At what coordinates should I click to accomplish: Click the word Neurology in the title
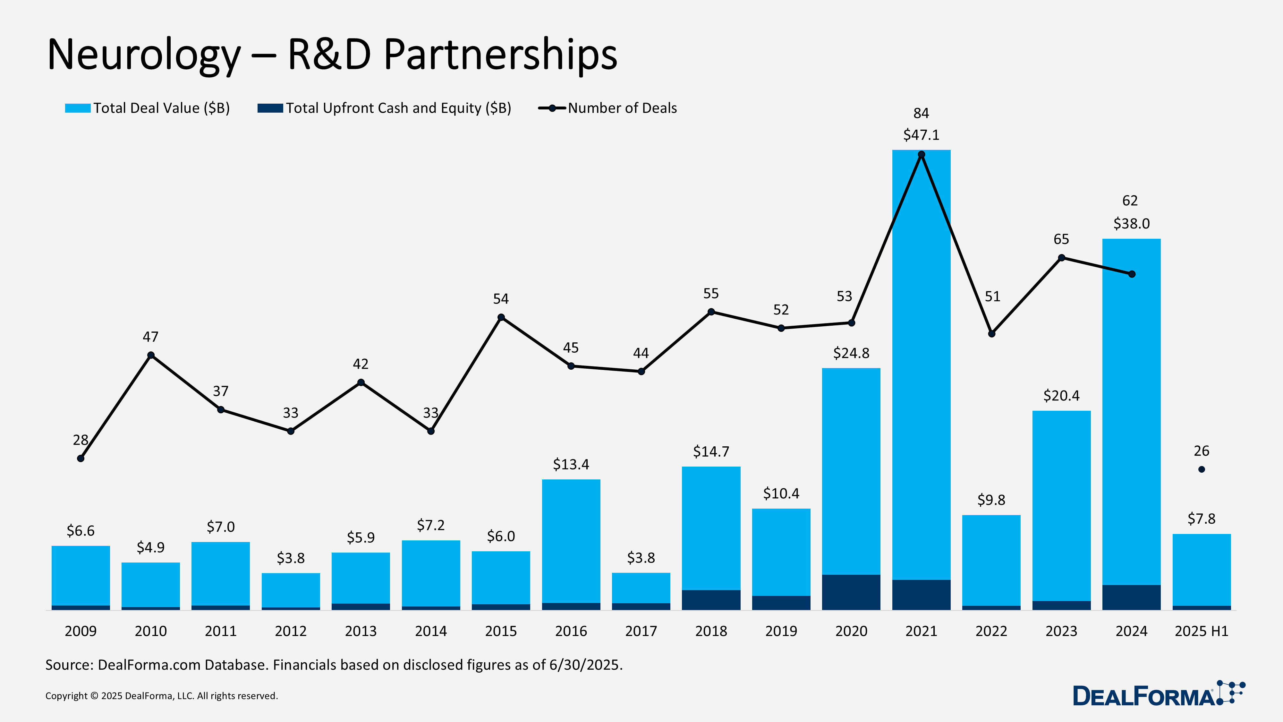coord(144,55)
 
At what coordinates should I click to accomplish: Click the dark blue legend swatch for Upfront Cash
coord(270,108)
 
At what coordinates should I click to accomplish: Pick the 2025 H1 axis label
coord(1201,631)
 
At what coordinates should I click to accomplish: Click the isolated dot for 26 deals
coord(1201,469)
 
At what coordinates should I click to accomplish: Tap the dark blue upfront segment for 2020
coord(851,592)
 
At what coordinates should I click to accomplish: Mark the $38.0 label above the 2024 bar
coord(1131,224)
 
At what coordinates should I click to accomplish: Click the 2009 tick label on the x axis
coord(81,631)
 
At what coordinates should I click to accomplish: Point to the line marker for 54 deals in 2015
coord(501,317)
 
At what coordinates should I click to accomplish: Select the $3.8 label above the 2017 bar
coord(641,558)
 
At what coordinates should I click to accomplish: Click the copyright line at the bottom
coord(161,696)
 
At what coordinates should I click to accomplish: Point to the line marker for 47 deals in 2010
coord(151,355)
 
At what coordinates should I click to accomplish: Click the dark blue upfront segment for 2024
coord(1131,597)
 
